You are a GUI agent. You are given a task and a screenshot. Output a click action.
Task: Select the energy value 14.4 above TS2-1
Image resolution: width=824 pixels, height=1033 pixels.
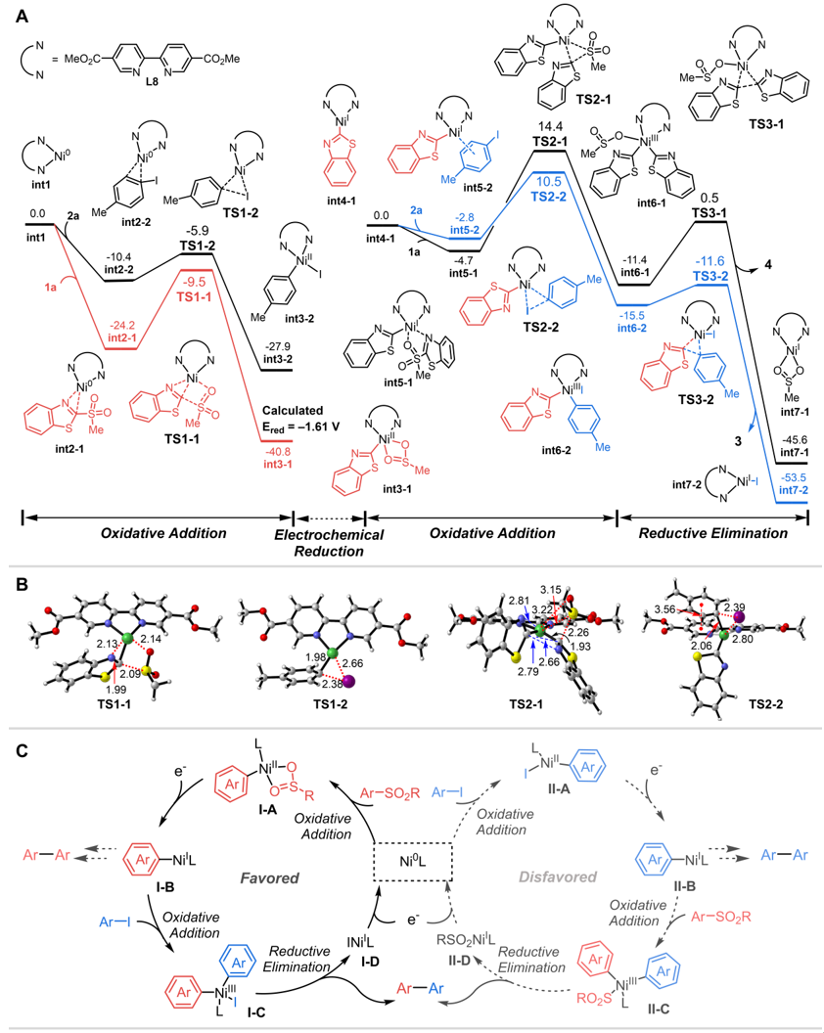pos(550,127)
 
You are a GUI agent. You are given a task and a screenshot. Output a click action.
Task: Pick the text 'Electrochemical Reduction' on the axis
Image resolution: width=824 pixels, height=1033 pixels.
pos(329,542)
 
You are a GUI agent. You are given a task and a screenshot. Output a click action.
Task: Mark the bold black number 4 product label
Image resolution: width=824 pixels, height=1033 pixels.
pos(772,266)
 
